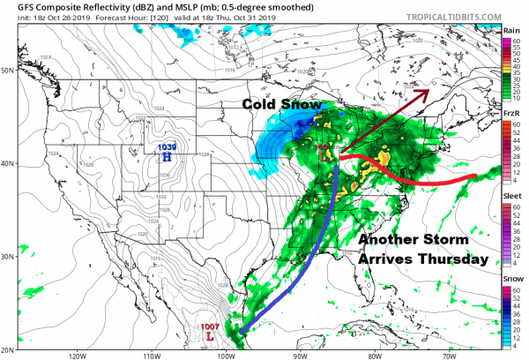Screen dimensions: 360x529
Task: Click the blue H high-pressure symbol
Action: (x=167, y=156)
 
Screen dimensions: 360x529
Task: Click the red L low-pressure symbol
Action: (x=209, y=336)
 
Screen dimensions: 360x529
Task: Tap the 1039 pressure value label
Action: (x=167, y=146)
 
